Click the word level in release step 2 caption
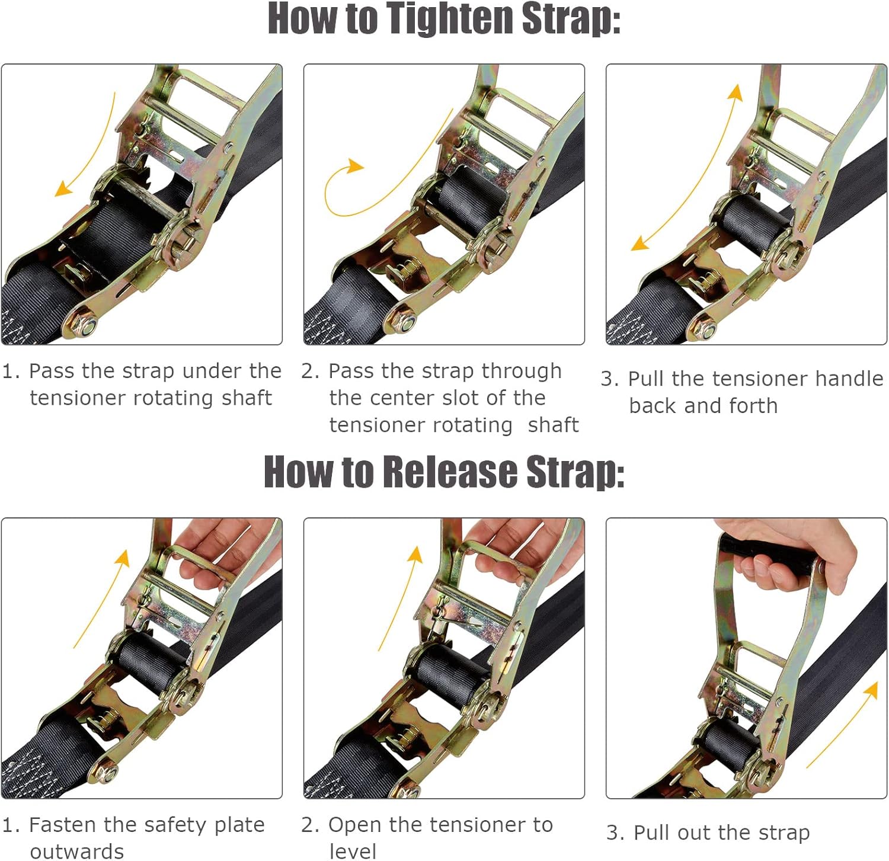(x=353, y=852)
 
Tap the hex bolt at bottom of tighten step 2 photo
(x=406, y=324)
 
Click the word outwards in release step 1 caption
(x=77, y=852)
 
